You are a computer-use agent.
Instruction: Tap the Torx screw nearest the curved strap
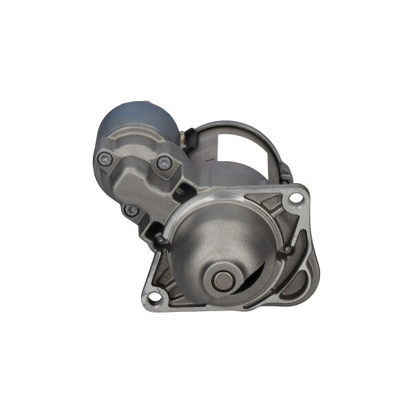(164, 163)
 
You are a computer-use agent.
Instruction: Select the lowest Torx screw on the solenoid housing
(131, 210)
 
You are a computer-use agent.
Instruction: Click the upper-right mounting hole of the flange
(295, 198)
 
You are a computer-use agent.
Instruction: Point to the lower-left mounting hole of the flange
(154, 298)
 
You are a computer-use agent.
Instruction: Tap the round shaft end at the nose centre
(222, 279)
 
